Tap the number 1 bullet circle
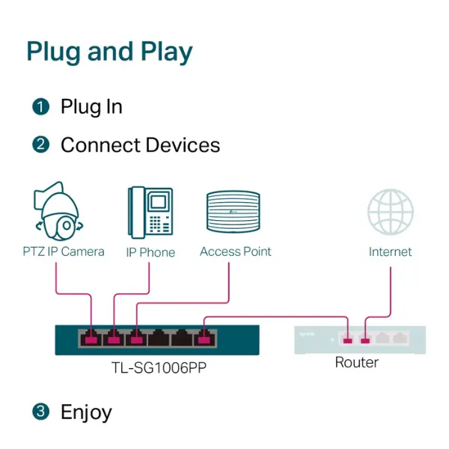(40, 107)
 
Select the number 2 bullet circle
(40, 145)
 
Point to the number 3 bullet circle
(40, 412)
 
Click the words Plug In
(91, 107)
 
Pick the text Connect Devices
(140, 145)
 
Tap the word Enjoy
(86, 412)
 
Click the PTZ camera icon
(56, 211)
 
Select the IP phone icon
(150, 211)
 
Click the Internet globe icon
(390, 213)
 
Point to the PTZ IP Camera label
(63, 251)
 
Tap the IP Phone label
(150, 252)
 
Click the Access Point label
(235, 251)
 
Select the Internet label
(390, 252)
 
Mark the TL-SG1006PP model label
(156, 369)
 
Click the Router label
(356, 363)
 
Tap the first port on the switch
(91, 338)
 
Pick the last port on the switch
(203, 338)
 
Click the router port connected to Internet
(365, 338)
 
